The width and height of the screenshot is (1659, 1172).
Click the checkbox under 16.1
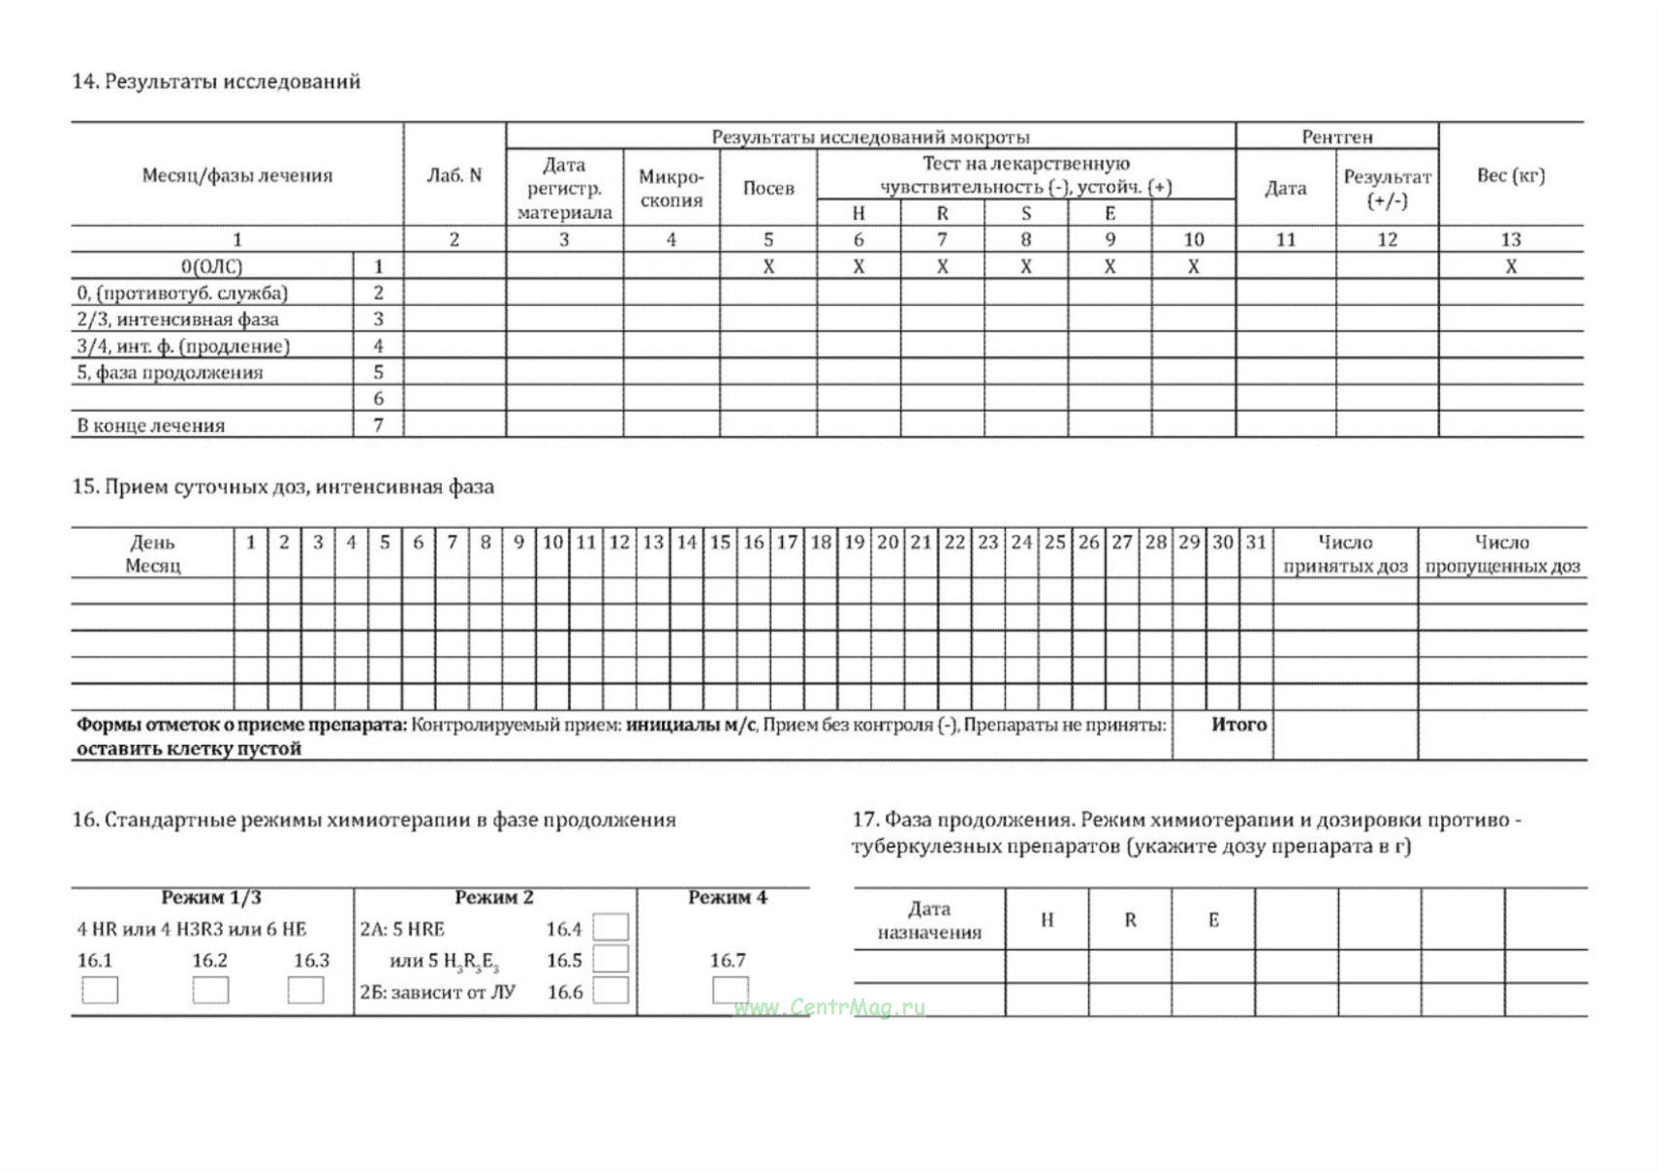100,990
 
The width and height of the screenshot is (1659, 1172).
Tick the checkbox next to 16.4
610,928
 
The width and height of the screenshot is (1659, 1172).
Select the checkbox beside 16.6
610,990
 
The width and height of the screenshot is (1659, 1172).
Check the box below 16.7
730,989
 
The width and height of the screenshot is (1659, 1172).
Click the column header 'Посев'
767,188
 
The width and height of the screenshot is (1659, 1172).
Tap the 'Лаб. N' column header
454,175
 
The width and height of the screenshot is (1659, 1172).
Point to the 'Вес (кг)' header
1510,175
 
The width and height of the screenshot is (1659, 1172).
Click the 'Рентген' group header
1336,137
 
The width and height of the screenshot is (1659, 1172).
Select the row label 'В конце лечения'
151,425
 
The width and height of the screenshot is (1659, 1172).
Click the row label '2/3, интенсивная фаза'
177,320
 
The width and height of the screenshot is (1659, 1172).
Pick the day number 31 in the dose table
1256,542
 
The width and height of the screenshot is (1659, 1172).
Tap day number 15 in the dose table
720,542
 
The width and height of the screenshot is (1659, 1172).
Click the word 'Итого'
1238,725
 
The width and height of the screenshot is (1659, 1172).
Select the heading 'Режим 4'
727,898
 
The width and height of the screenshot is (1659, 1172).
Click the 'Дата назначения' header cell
928,920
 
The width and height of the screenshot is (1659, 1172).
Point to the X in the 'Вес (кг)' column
1510,266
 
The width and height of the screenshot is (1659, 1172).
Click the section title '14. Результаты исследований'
216,81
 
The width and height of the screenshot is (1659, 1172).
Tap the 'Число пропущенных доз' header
1501,554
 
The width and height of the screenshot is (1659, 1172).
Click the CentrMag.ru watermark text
829,1007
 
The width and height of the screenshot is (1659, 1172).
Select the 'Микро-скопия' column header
671,188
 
